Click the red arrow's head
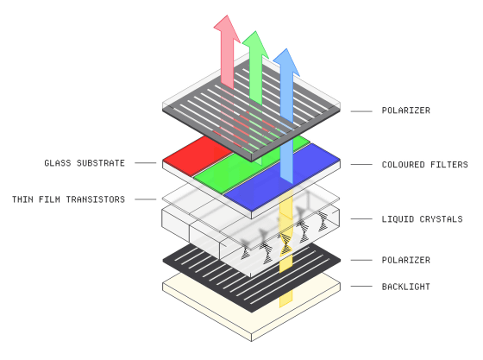click(x=227, y=28)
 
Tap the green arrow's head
click(x=255, y=44)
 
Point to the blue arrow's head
click(x=286, y=61)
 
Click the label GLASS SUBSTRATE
click(x=85, y=163)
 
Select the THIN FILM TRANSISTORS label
click(x=68, y=199)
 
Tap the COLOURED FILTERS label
click(x=424, y=165)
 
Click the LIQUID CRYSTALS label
click(x=422, y=219)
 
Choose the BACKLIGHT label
click(x=405, y=287)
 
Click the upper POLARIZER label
click(x=405, y=111)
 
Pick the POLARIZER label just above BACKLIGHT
click(x=405, y=260)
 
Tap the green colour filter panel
click(x=243, y=169)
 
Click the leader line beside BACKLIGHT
click(x=361, y=287)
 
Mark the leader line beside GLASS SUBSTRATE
click(x=146, y=163)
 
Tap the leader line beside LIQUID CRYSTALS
click(x=361, y=218)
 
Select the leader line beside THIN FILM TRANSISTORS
click(x=146, y=199)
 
